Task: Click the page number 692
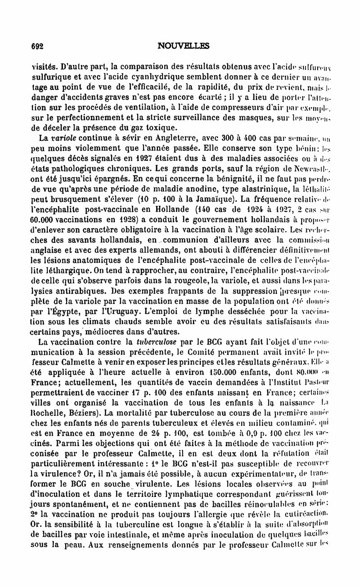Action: click(x=36, y=45)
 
